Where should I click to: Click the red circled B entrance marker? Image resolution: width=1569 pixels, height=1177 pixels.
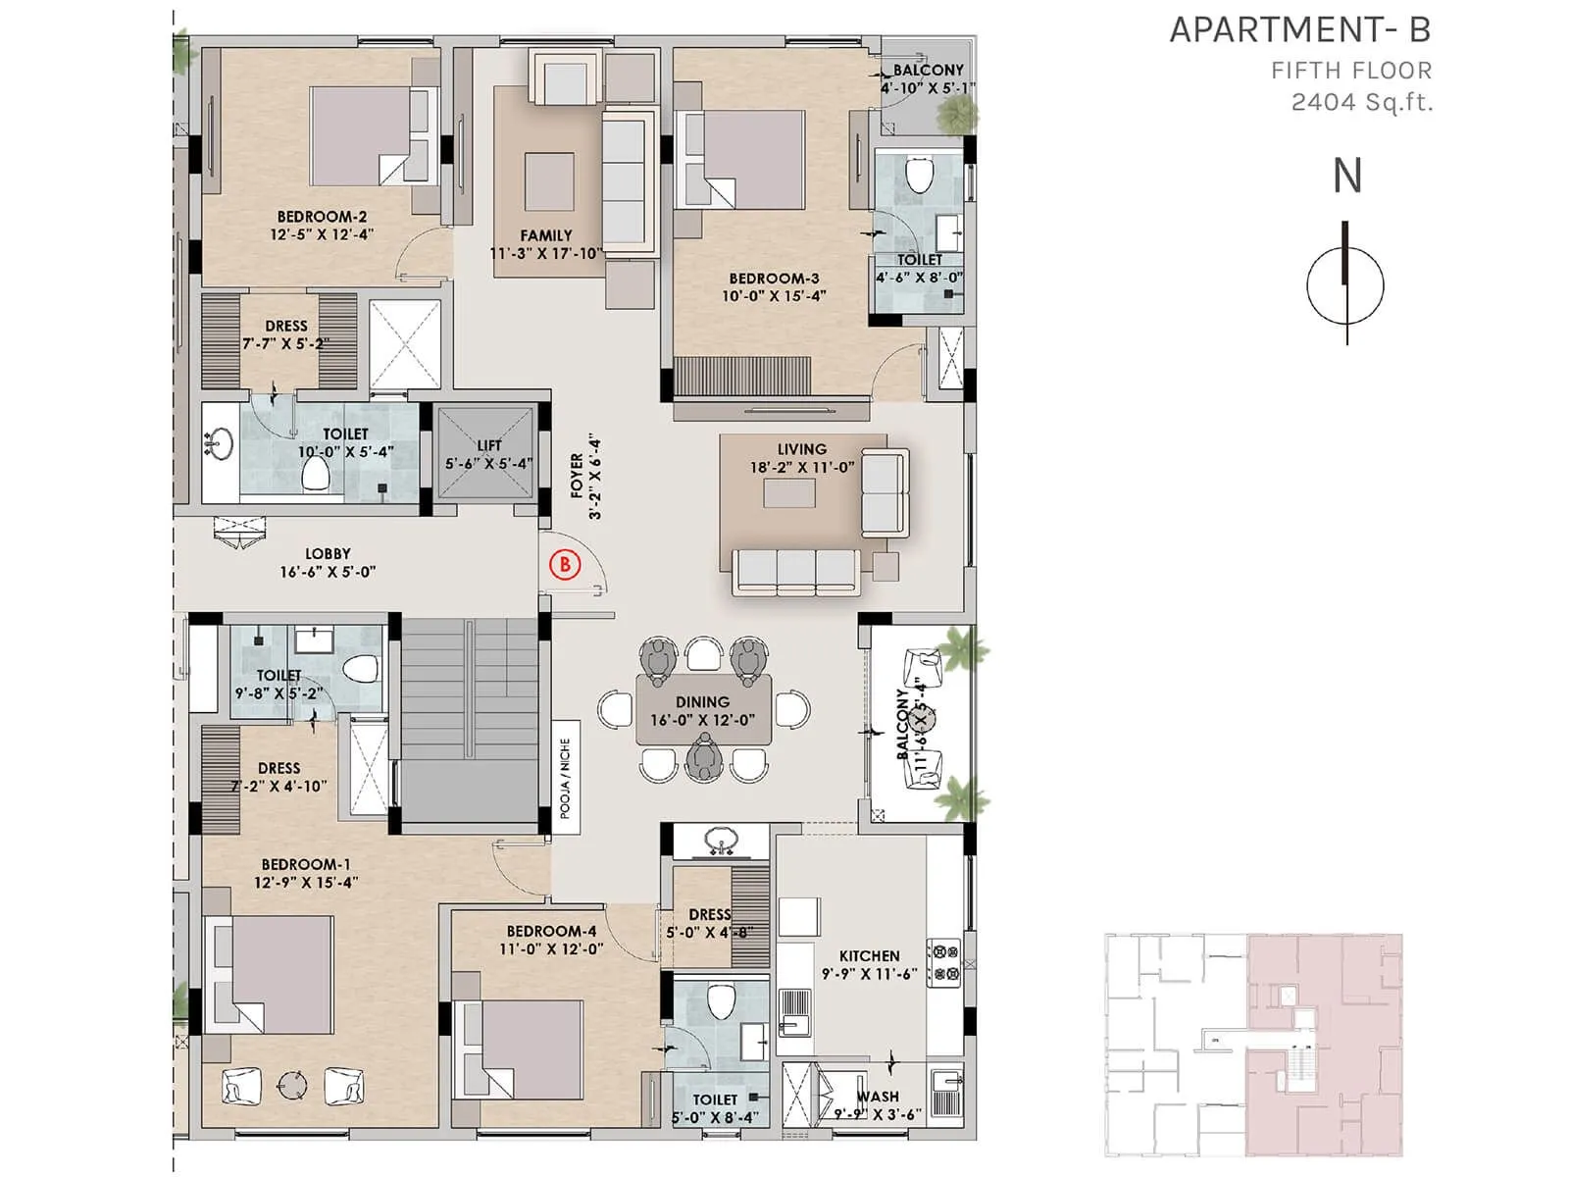click(x=565, y=564)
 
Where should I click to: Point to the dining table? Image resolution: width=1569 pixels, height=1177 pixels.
click(x=703, y=710)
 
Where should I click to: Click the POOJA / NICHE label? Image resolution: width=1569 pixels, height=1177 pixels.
click(x=565, y=778)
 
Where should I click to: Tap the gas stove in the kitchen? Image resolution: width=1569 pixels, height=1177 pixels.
click(x=944, y=962)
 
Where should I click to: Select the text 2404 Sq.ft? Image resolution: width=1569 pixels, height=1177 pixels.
click(x=1361, y=102)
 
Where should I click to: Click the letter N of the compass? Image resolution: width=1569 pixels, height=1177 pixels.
click(x=1346, y=177)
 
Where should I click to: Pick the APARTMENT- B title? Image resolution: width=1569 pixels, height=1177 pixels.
click(x=1299, y=30)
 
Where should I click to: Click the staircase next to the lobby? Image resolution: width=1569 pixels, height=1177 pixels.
click(x=469, y=721)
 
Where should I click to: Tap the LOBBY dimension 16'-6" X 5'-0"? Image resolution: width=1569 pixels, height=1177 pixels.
click(x=328, y=572)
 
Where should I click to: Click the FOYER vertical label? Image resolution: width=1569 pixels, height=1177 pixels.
click(x=584, y=476)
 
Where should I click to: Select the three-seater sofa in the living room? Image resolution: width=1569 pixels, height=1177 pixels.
click(x=796, y=572)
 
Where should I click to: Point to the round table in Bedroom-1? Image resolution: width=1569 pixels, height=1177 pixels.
click(x=291, y=1085)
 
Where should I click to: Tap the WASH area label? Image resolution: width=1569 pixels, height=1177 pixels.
click(x=878, y=1097)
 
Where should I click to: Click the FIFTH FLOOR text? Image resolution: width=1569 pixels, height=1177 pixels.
click(x=1350, y=71)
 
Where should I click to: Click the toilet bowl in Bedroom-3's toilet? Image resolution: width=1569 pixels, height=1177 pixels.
click(x=919, y=176)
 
